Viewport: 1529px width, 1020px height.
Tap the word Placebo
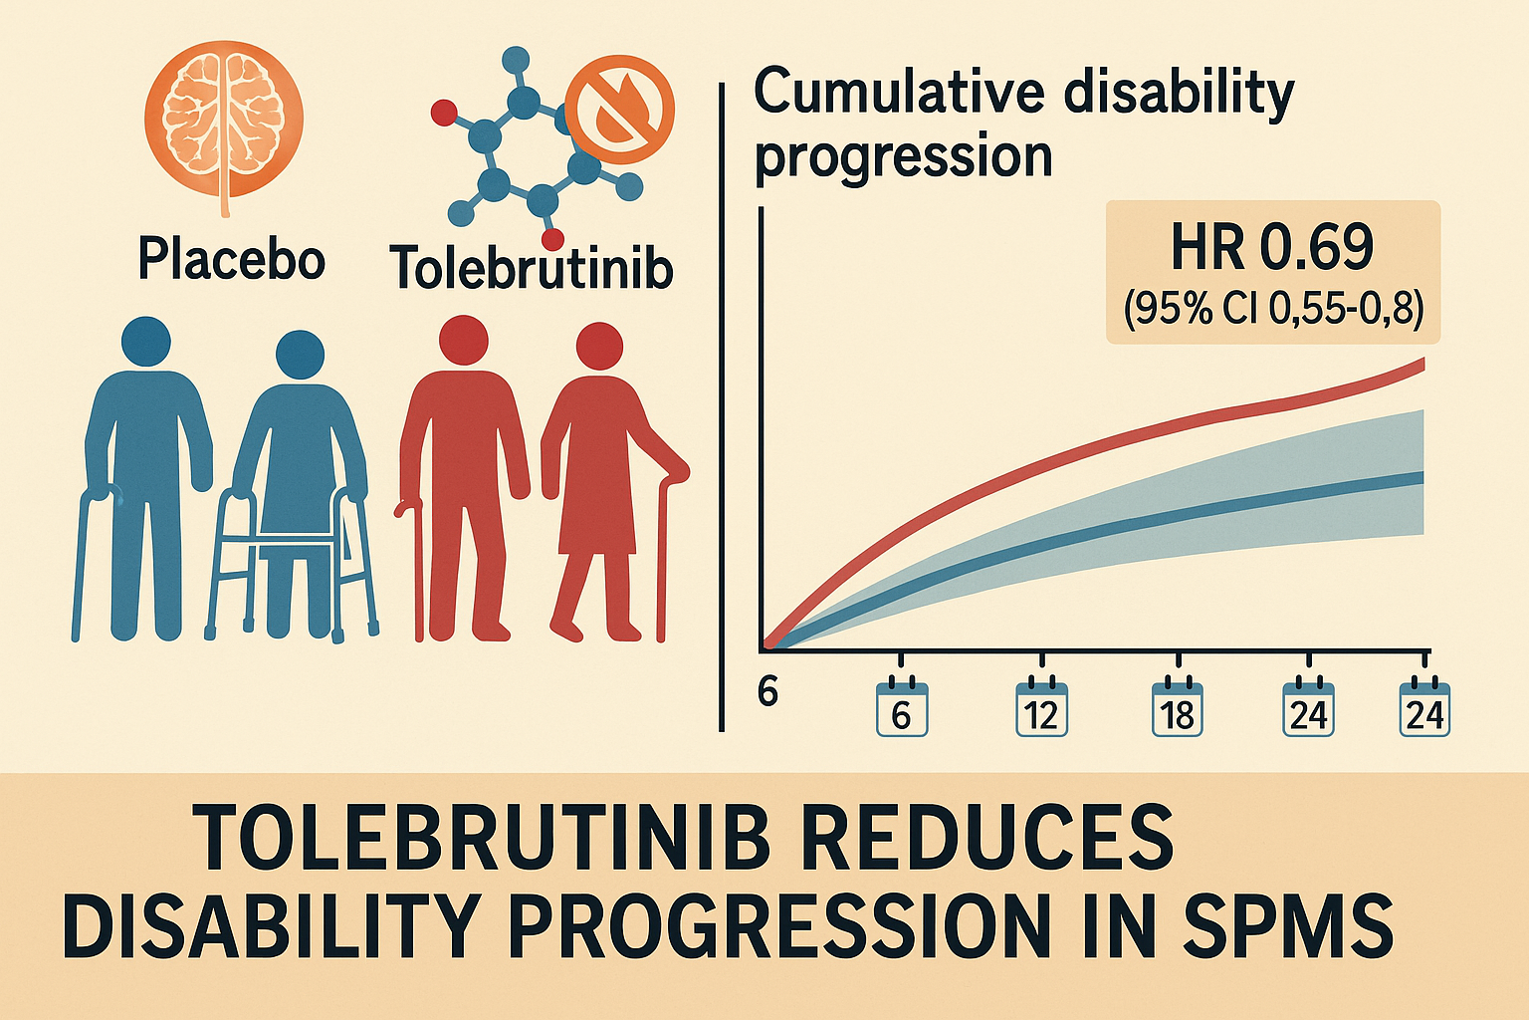(231, 260)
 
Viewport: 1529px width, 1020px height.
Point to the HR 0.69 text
(1272, 248)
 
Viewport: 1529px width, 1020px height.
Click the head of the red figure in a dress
(599, 346)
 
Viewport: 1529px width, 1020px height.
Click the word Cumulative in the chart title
(898, 96)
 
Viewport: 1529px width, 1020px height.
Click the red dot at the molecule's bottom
(552, 240)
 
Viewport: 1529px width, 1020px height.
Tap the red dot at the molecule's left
(444, 112)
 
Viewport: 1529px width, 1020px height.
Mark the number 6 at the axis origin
(767, 692)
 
